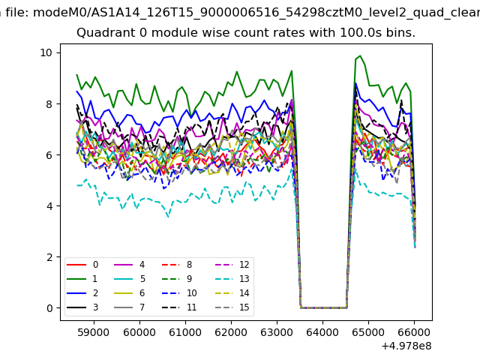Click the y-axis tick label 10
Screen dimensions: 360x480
coord(46,52)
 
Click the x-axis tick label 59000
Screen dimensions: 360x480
coord(94,331)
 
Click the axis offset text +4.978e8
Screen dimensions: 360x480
coord(406,346)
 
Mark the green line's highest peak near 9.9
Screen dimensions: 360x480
coord(360,55)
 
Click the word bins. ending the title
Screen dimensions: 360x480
coord(400,33)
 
